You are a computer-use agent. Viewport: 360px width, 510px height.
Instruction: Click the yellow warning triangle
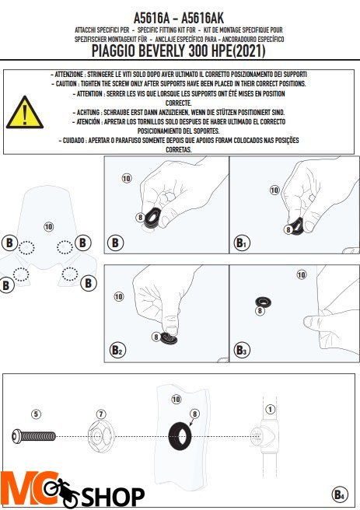pyautogui.click(x=24, y=113)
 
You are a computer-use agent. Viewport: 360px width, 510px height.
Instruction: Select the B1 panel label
pyautogui.click(x=242, y=243)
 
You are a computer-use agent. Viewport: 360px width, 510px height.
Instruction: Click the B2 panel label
pyautogui.click(x=117, y=350)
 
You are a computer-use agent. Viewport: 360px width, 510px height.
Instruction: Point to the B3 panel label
pyautogui.click(x=242, y=350)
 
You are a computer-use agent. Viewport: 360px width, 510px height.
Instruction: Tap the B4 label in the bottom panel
pyautogui.click(x=340, y=494)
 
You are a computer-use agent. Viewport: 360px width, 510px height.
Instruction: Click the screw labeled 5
pyautogui.click(x=33, y=436)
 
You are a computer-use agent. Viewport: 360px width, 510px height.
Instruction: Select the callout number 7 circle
pyautogui.click(x=101, y=414)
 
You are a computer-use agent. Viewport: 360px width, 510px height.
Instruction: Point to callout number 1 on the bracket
pyautogui.click(x=271, y=409)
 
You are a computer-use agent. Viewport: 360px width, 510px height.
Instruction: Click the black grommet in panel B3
pyautogui.click(x=264, y=302)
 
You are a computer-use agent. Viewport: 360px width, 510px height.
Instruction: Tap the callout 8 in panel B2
pyautogui.click(x=156, y=337)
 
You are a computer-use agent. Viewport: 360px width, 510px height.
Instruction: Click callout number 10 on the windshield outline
pyautogui.click(x=48, y=227)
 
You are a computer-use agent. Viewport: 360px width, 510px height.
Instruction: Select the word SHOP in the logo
pyautogui.click(x=113, y=496)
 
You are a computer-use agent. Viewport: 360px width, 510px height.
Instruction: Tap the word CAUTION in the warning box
pyautogui.click(x=67, y=84)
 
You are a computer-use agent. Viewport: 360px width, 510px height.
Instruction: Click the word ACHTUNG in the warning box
pyautogui.click(x=88, y=113)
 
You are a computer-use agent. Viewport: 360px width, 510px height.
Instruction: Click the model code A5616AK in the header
pyautogui.click(x=202, y=18)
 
